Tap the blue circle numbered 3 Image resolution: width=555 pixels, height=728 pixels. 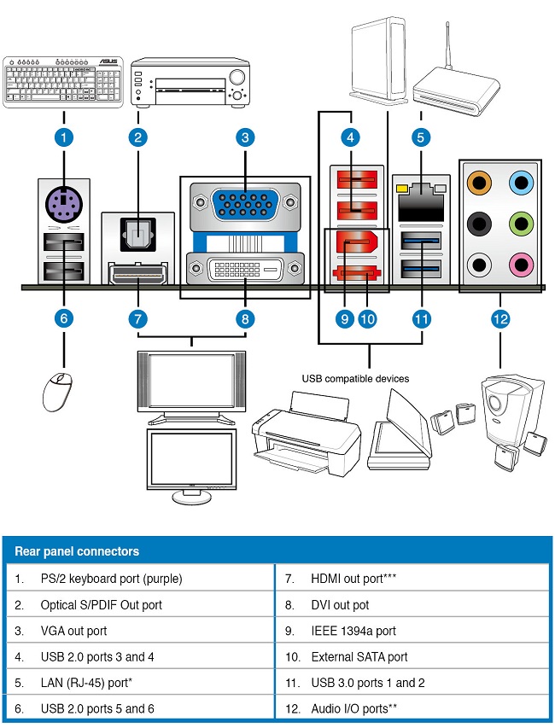click(244, 136)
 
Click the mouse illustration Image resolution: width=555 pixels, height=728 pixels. click(56, 391)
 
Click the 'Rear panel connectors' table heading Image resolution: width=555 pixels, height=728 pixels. click(77, 551)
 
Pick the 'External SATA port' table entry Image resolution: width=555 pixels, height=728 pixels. click(358, 656)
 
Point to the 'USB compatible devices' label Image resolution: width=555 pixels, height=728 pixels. click(354, 378)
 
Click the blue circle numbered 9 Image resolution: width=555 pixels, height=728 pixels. click(345, 318)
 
